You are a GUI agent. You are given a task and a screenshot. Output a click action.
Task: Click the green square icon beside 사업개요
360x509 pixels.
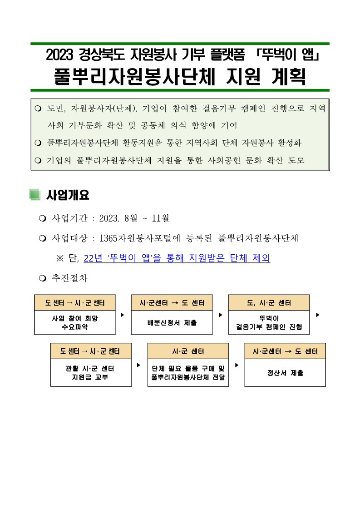35,195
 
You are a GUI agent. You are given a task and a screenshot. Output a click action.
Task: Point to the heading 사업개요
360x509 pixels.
68,195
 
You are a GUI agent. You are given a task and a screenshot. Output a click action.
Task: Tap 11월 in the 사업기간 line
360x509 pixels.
161,218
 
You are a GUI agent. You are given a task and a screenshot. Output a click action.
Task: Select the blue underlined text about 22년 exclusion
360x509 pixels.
177,258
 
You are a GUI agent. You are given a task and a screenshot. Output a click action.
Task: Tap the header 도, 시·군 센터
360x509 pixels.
269,303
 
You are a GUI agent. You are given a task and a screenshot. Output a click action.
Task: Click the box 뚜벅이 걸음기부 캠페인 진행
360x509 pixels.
269,323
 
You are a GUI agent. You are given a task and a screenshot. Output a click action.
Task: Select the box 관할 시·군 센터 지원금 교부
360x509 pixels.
91,372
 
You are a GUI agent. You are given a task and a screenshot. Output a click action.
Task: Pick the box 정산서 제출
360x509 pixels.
285,373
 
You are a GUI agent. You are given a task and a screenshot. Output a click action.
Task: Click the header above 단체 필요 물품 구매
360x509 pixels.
188,351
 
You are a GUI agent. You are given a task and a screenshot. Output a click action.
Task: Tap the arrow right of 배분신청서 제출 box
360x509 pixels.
221,314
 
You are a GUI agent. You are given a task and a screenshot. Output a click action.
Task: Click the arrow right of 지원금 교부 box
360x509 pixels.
138,364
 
